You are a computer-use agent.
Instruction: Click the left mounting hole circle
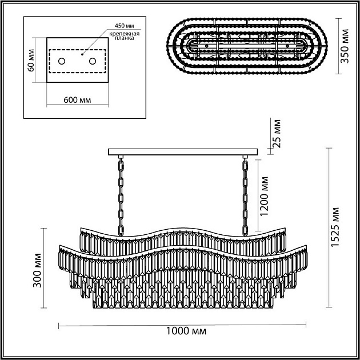pyautogui.click(x=62, y=61)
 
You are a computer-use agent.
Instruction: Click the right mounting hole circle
pyautogui.click(x=92, y=61)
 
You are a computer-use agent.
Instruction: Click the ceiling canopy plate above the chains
pyautogui.click(x=183, y=151)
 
